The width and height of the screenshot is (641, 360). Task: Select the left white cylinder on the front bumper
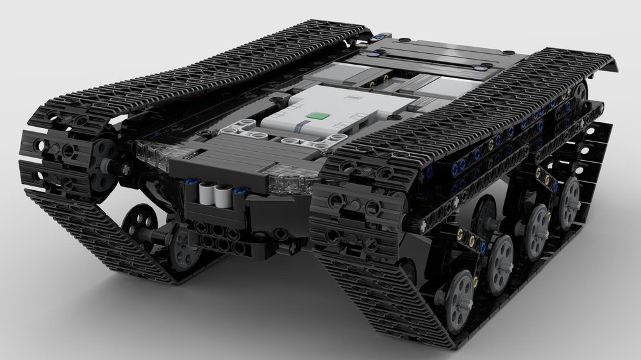[207, 193]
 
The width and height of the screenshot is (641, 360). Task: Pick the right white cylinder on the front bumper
[224, 195]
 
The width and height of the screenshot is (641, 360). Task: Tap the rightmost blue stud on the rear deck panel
[479, 66]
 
